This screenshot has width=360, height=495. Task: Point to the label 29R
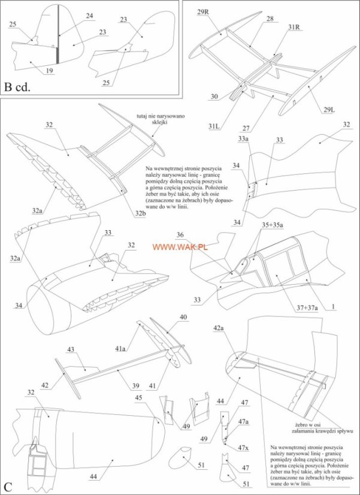point(204,12)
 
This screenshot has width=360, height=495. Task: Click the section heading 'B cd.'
point(17,87)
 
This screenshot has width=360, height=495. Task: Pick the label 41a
point(120,348)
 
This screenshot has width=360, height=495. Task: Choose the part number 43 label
point(70,349)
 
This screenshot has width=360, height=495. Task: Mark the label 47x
point(243,448)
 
